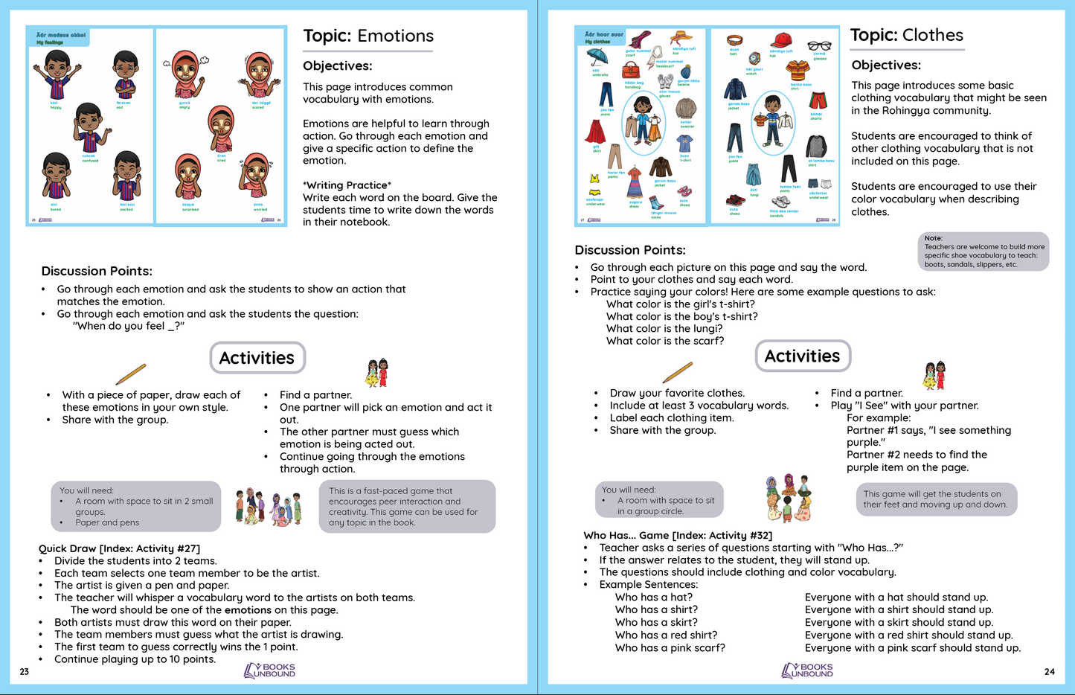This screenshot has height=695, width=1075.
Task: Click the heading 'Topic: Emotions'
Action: tap(368, 36)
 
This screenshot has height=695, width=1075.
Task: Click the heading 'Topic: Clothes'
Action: tap(906, 36)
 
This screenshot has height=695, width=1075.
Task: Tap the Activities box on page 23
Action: tap(257, 358)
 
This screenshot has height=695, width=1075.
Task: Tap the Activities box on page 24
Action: tap(802, 356)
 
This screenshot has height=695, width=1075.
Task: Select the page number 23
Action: tap(24, 672)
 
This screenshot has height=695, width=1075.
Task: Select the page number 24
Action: tap(1049, 671)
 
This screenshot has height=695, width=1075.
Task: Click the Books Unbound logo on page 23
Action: tap(269, 670)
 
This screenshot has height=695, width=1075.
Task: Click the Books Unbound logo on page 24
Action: tap(807, 670)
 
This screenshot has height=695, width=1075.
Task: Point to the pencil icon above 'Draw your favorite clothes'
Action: tap(677, 371)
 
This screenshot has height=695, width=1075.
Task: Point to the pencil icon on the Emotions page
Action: tap(131, 374)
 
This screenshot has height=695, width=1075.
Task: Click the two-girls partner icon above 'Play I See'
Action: tap(934, 376)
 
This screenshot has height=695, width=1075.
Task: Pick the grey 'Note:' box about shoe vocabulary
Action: tap(983, 252)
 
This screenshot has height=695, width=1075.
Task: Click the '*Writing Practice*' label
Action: tap(347, 185)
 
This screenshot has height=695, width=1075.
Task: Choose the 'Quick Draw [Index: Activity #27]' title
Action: tap(119, 549)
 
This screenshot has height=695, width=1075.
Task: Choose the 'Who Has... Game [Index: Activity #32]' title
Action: tap(678, 536)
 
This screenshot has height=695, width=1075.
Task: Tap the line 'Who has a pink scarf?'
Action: tap(670, 648)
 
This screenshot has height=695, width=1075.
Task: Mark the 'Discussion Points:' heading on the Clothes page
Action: tap(629, 251)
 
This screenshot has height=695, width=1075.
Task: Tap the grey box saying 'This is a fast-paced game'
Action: tap(407, 507)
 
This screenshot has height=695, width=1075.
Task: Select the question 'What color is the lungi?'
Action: tap(664, 329)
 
